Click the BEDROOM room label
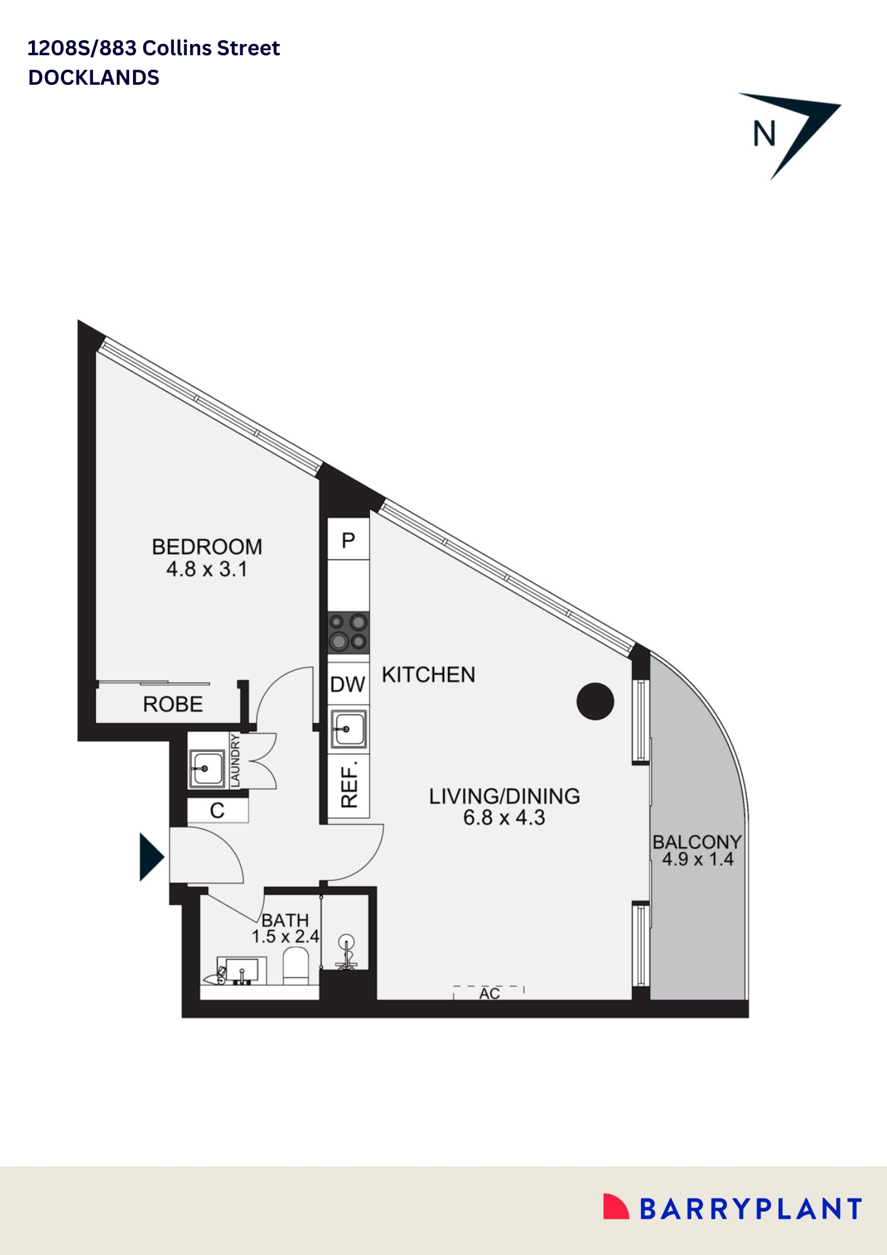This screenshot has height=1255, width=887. click(x=207, y=547)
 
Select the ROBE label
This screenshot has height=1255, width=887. click(x=173, y=705)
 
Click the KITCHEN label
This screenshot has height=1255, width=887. click(x=428, y=675)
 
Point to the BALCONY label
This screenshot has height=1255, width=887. click(x=697, y=842)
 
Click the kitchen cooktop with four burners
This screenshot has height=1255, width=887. click(x=349, y=632)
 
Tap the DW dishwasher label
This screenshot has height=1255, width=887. click(x=348, y=685)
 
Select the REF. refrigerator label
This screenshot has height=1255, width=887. click(x=349, y=784)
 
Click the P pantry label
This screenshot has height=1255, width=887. click(x=348, y=540)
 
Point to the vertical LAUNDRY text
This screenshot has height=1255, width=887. click(x=235, y=761)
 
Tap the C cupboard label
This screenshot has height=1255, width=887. click(x=217, y=811)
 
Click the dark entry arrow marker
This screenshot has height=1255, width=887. click(x=151, y=857)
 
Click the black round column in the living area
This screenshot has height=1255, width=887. click(x=595, y=701)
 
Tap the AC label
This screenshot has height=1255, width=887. click(x=489, y=994)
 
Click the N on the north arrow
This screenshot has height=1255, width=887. click(x=765, y=134)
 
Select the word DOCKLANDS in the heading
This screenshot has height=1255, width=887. click(x=94, y=78)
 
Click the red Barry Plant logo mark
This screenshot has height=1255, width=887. click(x=615, y=1207)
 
